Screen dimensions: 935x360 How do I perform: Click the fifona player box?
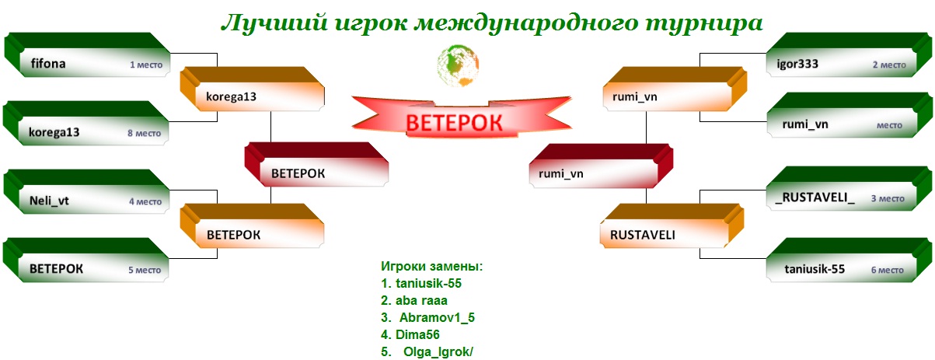88,55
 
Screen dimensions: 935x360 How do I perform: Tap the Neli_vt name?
49,201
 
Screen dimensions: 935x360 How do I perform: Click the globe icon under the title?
458,65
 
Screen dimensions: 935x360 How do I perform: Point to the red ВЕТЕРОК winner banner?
461,117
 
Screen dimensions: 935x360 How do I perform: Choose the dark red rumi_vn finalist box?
601,166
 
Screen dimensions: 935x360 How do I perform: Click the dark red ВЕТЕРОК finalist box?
316,165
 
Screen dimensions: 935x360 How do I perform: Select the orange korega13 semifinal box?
253,89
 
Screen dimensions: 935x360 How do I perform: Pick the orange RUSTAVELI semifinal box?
672,226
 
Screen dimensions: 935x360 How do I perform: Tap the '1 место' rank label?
146,65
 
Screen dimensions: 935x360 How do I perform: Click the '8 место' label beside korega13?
144,133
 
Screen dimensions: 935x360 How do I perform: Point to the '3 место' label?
888,198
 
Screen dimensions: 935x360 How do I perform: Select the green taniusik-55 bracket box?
849,260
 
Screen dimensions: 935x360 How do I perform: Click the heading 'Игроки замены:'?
431,266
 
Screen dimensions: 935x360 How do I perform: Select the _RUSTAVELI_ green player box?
849,189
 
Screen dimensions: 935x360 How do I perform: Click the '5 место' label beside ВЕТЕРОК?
145,271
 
